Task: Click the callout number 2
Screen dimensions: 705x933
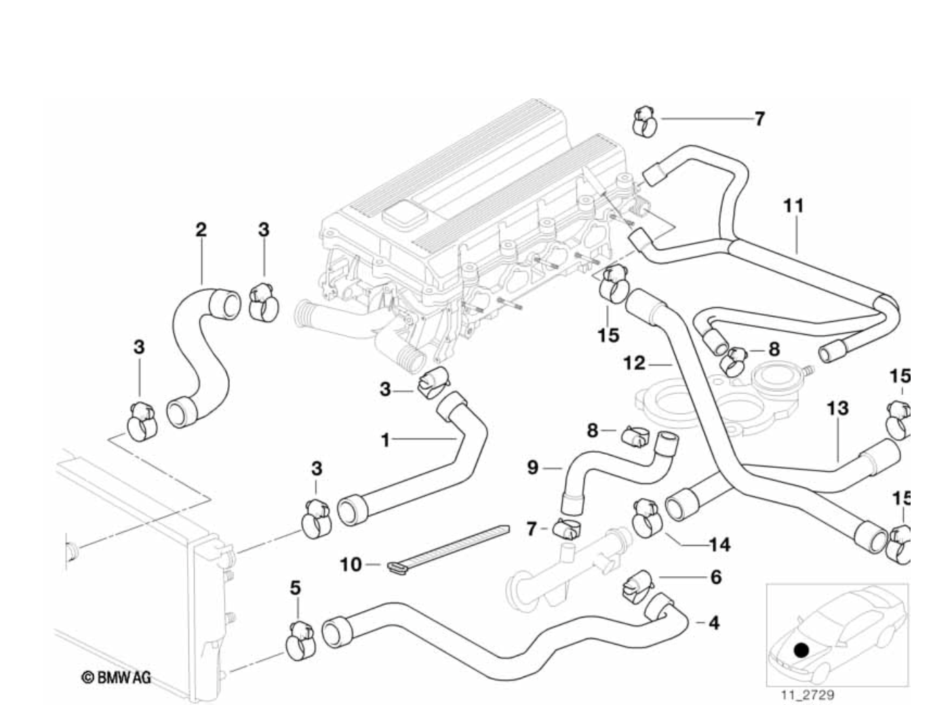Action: coord(201,229)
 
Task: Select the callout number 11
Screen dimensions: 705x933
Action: coord(793,205)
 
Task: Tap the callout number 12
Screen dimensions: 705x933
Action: coord(634,363)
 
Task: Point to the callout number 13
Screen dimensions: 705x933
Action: coord(838,409)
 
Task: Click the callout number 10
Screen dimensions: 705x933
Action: coord(351,563)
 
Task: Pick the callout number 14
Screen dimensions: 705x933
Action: coord(719,544)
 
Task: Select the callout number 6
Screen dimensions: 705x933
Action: coord(716,577)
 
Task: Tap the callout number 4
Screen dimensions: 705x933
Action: coord(713,622)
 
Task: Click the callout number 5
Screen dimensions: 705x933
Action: coord(295,588)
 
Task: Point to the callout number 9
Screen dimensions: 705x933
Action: coord(533,467)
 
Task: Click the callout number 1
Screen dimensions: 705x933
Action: coord(385,441)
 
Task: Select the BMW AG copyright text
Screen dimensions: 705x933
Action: coord(117,677)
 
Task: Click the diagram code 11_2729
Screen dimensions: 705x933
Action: coord(807,696)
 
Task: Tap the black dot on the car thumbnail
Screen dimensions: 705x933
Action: coord(801,649)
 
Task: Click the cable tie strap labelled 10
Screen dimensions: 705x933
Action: coord(451,546)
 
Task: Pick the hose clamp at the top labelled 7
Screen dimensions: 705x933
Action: coord(644,121)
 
